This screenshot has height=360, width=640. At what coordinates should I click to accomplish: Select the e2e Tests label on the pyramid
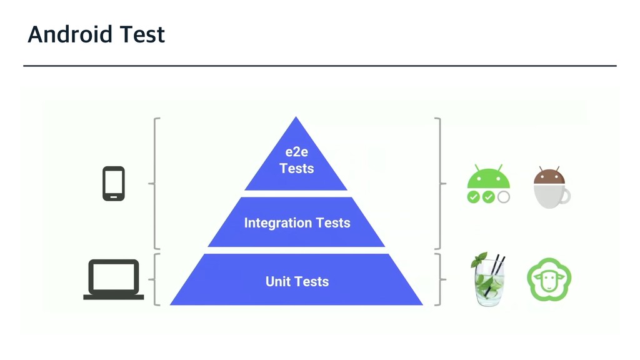point(296,161)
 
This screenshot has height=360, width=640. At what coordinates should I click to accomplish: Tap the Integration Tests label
point(297,223)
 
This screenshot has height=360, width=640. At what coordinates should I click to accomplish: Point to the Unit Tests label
point(297,282)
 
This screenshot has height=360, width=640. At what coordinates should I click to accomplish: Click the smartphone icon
point(114,184)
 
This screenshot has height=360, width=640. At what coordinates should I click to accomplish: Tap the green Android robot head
point(489,178)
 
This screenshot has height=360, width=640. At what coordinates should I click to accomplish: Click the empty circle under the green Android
point(503,197)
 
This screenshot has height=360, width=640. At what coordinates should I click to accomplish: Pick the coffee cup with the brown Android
point(550,187)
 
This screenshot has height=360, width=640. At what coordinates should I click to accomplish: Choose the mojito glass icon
point(489,281)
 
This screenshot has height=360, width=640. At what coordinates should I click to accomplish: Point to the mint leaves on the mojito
point(479,259)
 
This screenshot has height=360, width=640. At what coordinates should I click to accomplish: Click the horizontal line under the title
point(320,65)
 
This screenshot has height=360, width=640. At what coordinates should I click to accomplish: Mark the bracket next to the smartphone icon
point(154,184)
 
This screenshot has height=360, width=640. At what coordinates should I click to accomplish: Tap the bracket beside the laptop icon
point(154,279)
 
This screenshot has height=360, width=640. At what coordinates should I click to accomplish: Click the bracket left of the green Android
point(440,184)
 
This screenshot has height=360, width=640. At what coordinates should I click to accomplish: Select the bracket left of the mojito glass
point(440,279)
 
